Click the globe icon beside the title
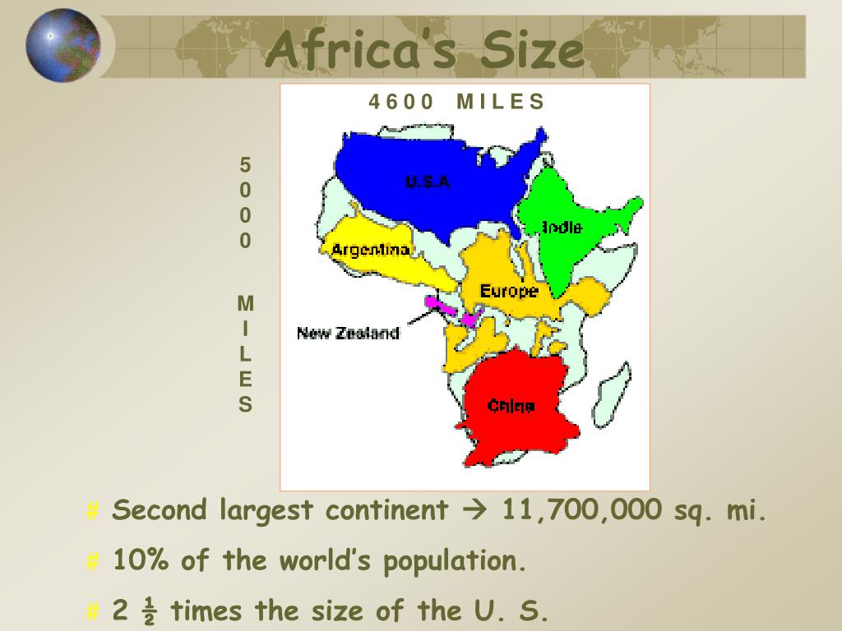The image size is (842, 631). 62,45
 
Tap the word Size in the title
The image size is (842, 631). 532,50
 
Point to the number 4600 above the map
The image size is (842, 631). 400,102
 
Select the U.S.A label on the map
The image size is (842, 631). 428,182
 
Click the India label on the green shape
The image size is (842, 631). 562,228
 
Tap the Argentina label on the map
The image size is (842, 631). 370,249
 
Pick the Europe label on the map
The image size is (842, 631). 508,291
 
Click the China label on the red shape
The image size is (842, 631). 511,405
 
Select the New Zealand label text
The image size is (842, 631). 348,333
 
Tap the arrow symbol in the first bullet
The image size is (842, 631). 476,511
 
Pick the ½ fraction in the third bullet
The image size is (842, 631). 149,612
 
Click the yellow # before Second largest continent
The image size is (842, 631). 92,512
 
